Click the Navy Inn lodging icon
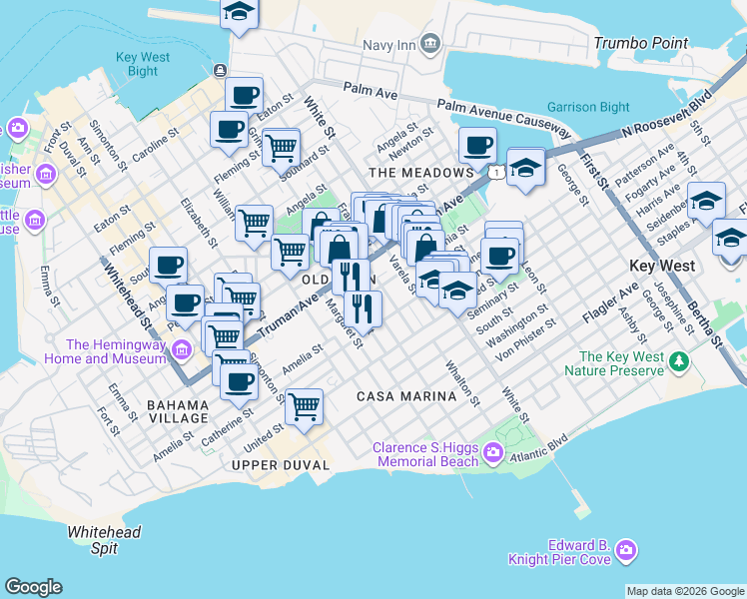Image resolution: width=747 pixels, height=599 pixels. [430, 43]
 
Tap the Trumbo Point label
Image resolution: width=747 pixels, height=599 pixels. [640, 43]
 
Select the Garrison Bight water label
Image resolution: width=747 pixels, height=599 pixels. [587, 107]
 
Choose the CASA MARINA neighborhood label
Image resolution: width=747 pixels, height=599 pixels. [405, 396]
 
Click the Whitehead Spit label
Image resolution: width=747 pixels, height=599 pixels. [104, 540]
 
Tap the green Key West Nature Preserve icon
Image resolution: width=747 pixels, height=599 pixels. [680, 359]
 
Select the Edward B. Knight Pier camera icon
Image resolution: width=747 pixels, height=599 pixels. [626, 550]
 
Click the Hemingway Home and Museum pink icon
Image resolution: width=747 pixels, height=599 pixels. [181, 349]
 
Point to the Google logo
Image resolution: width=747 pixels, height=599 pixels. [33, 587]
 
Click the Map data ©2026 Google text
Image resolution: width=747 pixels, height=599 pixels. [685, 591]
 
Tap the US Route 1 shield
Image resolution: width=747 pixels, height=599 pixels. [495, 173]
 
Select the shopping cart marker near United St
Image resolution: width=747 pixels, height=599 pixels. [304, 405]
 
